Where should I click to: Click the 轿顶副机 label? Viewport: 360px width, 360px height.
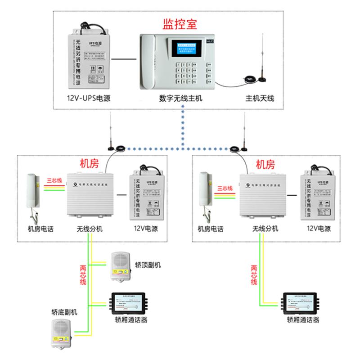[148, 265]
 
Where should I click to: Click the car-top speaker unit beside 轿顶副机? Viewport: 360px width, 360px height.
[119, 265]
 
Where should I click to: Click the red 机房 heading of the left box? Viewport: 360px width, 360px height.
[89, 163]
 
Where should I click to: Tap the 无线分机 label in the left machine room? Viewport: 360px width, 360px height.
[90, 229]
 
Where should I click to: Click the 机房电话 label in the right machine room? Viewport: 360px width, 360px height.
[211, 229]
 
